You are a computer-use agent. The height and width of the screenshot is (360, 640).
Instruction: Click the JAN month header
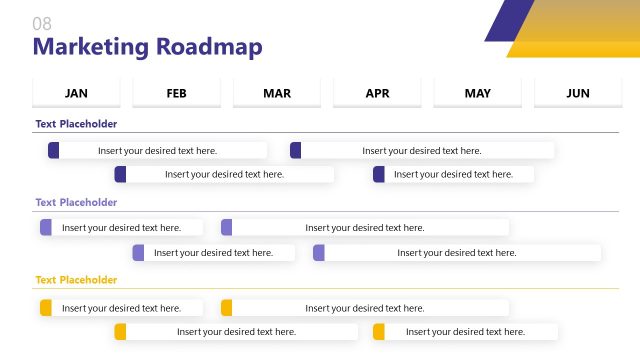point(76,93)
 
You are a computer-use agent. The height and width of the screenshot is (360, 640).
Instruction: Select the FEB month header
point(176,93)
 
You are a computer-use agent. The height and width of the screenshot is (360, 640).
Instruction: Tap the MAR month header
point(277,93)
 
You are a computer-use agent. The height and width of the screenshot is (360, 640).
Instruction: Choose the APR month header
point(377,93)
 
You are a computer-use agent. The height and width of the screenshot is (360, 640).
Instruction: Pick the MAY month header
point(477,93)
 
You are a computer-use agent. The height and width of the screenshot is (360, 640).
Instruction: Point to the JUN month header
point(578,93)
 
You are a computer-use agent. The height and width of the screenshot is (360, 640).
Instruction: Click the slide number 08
point(42,23)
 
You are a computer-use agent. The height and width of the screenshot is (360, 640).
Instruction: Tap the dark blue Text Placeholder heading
point(76,124)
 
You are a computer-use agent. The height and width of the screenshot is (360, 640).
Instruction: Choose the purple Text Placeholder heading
point(76,202)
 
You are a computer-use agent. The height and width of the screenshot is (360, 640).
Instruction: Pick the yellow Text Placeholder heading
point(76,280)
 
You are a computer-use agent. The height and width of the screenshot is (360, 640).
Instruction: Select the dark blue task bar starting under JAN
point(157,150)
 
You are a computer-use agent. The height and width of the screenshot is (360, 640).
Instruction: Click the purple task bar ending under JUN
point(457,253)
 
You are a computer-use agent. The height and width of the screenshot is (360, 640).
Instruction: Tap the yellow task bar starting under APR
point(465,331)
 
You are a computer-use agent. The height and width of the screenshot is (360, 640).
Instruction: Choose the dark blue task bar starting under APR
point(453,174)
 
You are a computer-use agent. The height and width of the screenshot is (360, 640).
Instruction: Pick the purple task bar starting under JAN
point(121,227)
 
